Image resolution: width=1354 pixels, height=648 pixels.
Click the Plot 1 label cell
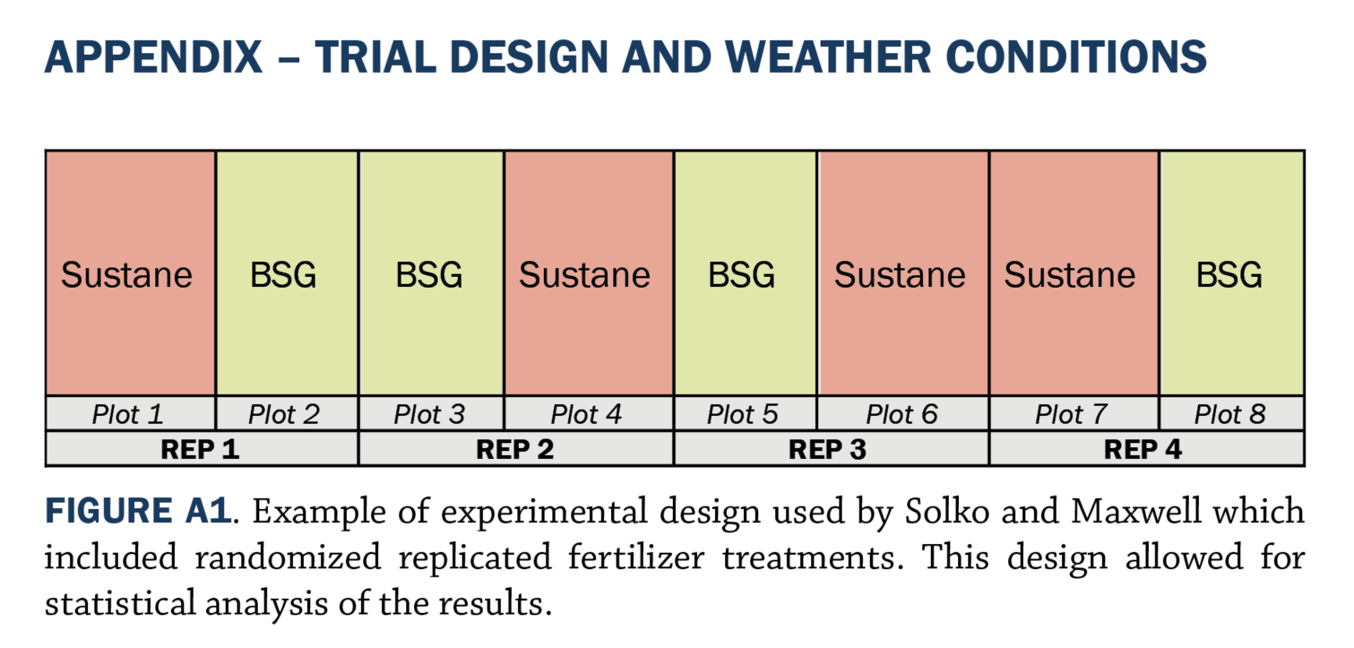131,414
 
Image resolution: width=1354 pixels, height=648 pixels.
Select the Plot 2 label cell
287,414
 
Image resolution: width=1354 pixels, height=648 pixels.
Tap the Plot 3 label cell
431,414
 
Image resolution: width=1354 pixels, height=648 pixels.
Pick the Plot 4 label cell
589,414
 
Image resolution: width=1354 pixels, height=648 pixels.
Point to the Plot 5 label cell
746,414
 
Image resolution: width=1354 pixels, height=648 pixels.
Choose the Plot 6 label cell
903,414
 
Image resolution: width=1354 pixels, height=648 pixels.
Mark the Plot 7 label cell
1074,414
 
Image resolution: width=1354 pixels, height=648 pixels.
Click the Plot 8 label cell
1232,414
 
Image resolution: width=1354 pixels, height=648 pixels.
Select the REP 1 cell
202,448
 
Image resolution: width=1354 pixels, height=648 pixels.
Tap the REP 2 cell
516,448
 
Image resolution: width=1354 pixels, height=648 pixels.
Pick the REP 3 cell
832,448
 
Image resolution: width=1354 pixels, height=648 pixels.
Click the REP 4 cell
1147,448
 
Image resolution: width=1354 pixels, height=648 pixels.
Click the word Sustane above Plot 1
127,275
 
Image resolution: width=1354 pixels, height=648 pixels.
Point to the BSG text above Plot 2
283,275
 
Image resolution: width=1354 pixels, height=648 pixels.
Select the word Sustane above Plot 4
584,275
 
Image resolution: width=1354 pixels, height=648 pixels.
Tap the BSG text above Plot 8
1229,275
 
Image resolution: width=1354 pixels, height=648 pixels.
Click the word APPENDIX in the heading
153,56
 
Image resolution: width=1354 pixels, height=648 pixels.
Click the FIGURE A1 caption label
138,510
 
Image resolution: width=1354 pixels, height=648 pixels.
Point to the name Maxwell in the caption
1135,511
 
